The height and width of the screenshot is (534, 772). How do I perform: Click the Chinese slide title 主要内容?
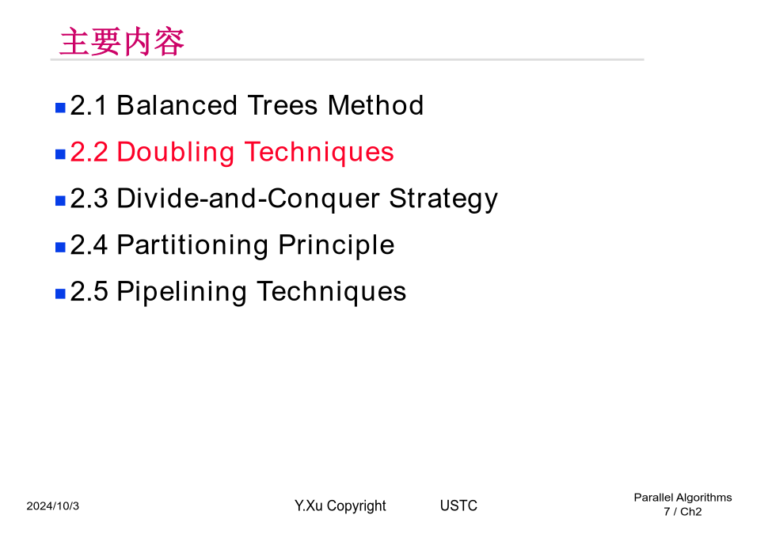[122, 42]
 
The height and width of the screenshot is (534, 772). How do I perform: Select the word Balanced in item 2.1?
[177, 105]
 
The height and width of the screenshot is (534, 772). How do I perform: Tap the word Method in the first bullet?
[375, 105]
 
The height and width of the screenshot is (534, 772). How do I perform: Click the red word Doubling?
[176, 153]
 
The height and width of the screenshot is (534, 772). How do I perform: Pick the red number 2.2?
[89, 152]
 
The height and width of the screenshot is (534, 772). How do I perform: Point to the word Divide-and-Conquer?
[248, 198]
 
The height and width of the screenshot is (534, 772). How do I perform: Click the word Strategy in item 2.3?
[443, 199]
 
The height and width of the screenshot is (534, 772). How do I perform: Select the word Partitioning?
[193, 246]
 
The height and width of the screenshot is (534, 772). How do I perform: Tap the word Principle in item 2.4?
[337, 246]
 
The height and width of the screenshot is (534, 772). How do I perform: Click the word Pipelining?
[181, 293]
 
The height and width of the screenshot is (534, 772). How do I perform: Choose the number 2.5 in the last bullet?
[89, 291]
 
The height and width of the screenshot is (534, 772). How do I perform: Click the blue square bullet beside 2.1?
[60, 108]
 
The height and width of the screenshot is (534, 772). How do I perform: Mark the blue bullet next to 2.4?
[60, 248]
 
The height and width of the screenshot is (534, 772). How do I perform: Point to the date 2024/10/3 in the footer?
[53, 506]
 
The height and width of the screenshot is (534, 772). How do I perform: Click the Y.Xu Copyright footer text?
[340, 506]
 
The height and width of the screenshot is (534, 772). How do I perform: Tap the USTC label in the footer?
[459, 506]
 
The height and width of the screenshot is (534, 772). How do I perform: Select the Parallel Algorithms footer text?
[683, 498]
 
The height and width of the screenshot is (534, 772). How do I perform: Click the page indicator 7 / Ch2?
[683, 512]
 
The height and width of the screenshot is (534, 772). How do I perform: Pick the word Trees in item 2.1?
[283, 105]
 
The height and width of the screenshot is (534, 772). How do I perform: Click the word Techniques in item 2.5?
[331, 293]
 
